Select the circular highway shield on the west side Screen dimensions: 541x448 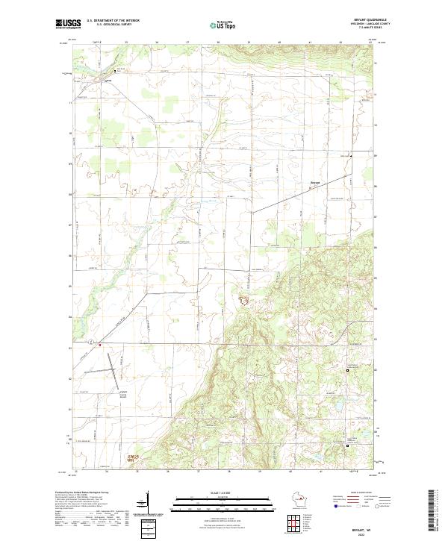click(90, 342)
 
